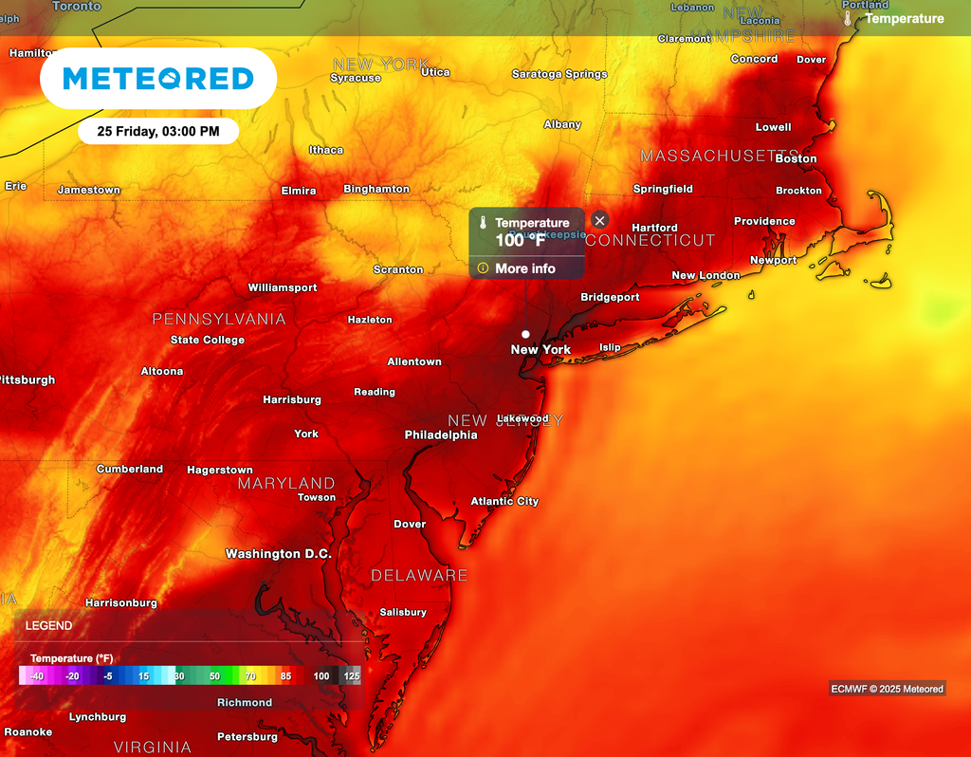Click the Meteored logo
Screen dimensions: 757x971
coord(157,78)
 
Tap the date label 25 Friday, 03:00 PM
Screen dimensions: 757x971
coord(158,132)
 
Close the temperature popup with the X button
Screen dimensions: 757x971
coord(599,220)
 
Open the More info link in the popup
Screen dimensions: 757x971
coord(524,268)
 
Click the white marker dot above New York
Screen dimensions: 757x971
coord(525,334)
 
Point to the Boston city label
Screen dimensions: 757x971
coord(796,158)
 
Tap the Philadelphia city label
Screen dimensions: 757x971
coord(441,434)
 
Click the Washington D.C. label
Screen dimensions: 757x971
coord(276,553)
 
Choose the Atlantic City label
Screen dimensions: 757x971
coord(504,501)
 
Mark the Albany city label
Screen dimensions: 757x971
coord(562,124)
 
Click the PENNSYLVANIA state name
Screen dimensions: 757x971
coord(219,319)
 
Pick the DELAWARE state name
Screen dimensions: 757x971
coord(419,575)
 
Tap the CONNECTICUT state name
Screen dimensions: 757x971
coord(650,240)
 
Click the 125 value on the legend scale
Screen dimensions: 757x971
coord(352,676)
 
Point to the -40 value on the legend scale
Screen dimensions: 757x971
coord(36,676)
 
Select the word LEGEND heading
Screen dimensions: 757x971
coord(48,626)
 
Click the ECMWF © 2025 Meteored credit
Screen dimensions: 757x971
coord(887,689)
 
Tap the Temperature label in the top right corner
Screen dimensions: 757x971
coord(904,18)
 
